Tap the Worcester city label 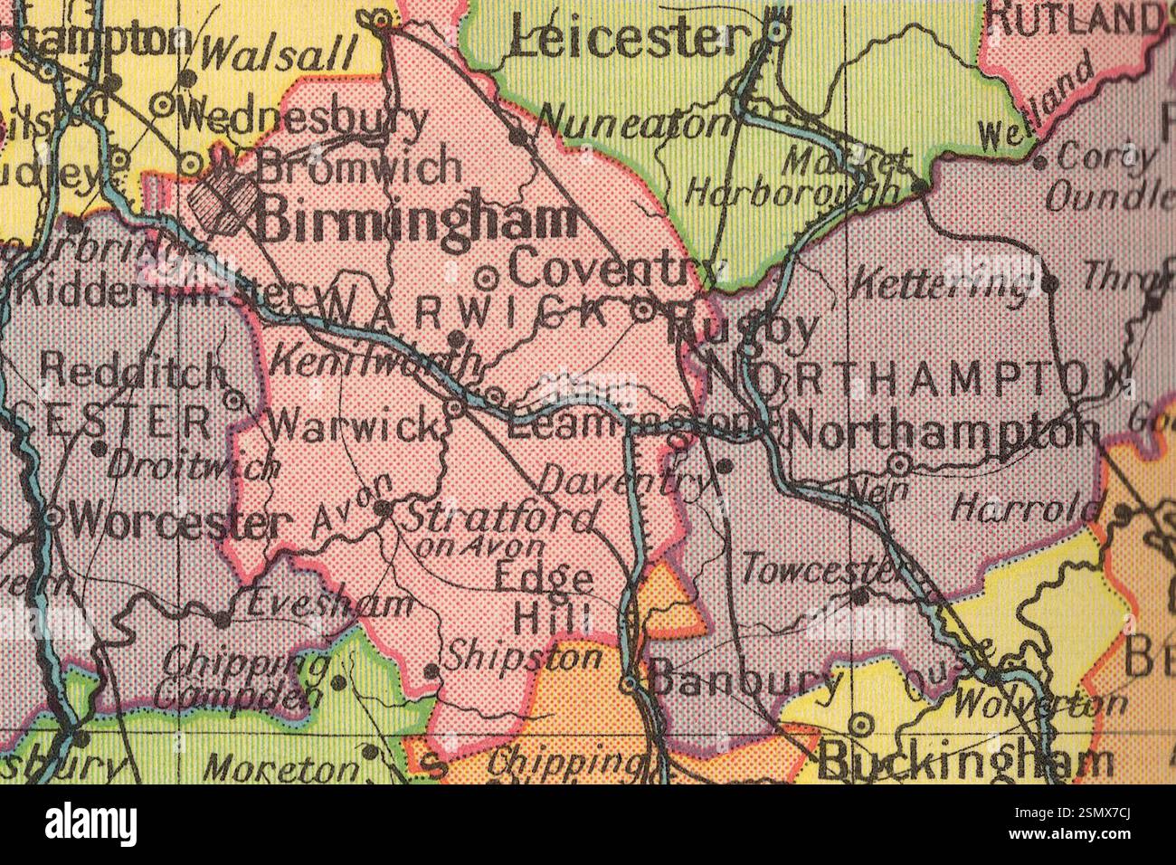pyautogui.click(x=178, y=521)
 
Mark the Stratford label pyautogui.click(x=498, y=518)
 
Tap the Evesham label pyautogui.click(x=329, y=604)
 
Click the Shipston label pyautogui.click(x=525, y=657)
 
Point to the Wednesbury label pyautogui.click(x=303, y=119)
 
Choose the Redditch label pyautogui.click(x=133, y=370)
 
